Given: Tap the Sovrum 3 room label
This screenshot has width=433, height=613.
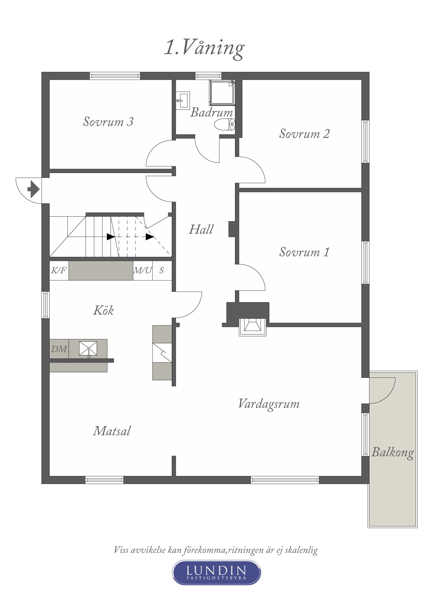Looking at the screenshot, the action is pyautogui.click(x=108, y=122).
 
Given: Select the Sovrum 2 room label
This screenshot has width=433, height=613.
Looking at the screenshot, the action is pyautogui.click(x=304, y=134).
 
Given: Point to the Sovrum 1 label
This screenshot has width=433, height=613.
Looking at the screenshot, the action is pyautogui.click(x=304, y=252).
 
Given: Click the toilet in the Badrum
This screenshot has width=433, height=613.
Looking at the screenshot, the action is pyautogui.click(x=224, y=124).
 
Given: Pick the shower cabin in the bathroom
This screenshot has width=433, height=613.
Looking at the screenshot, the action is pyautogui.click(x=222, y=93).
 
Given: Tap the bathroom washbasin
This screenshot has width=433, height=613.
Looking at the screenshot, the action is pyautogui.click(x=182, y=101).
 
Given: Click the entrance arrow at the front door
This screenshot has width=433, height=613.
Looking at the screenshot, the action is pyautogui.click(x=34, y=189).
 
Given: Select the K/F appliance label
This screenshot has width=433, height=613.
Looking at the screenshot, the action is pyautogui.click(x=59, y=271).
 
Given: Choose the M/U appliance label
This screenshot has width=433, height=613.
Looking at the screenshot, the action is pyautogui.click(x=143, y=271).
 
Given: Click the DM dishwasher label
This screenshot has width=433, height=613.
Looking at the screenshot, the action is pyautogui.click(x=59, y=349).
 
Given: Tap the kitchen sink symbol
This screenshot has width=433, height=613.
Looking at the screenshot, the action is pyautogui.click(x=88, y=349).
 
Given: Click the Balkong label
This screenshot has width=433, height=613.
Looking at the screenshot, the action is pyautogui.click(x=392, y=453).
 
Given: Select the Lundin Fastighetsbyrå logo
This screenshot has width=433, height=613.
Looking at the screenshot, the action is pyautogui.click(x=216, y=572).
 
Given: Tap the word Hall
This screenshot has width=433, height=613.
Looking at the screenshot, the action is pyautogui.click(x=201, y=229).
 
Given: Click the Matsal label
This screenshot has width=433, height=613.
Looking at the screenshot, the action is pyautogui.click(x=112, y=431).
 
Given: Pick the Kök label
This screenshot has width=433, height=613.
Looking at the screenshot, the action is pyautogui.click(x=103, y=310).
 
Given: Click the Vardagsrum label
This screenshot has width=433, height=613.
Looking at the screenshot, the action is pyautogui.click(x=269, y=404).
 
